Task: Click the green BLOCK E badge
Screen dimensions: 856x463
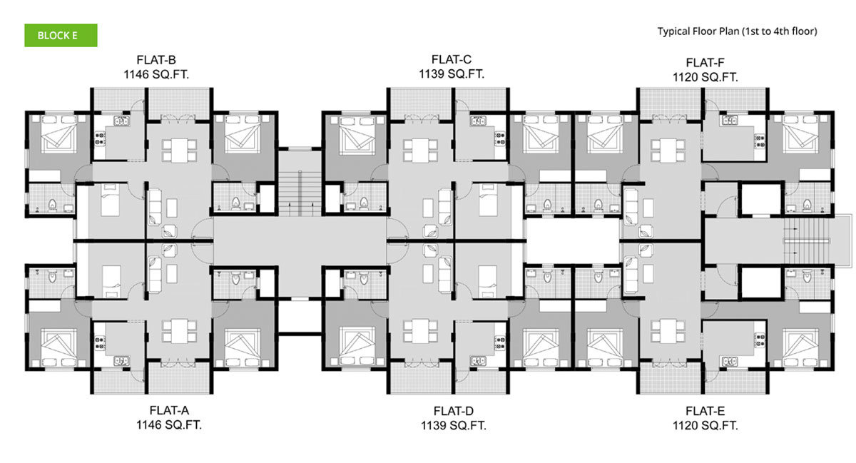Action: pyautogui.click(x=61, y=36)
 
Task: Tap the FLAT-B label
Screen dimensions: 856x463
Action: pyautogui.click(x=156, y=60)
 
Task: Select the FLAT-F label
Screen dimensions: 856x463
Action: pyautogui.click(x=705, y=63)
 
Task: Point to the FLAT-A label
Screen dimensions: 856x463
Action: pyautogui.click(x=169, y=411)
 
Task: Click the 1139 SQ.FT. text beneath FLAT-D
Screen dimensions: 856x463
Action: pyautogui.click(x=454, y=425)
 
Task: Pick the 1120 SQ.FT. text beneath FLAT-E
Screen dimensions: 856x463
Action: pyautogui.click(x=705, y=425)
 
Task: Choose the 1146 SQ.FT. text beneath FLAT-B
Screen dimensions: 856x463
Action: pyautogui.click(x=156, y=75)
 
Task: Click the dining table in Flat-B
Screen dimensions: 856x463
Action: pyautogui.click(x=179, y=151)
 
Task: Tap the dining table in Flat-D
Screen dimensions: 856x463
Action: pyautogui.click(x=420, y=331)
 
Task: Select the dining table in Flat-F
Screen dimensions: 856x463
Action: pyautogui.click(x=668, y=151)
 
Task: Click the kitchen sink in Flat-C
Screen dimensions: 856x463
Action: pyautogui.click(x=478, y=121)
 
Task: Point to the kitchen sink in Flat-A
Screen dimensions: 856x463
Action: pyautogui.click(x=121, y=360)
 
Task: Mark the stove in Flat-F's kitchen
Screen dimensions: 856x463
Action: pyautogui.click(x=759, y=141)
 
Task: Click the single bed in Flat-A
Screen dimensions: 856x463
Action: pyautogui.click(x=111, y=283)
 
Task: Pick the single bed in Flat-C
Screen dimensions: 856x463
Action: pyautogui.click(x=488, y=200)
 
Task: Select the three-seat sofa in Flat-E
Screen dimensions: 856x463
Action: pyautogui.click(x=631, y=275)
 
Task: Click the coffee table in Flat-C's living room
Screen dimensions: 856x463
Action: pyautogui.click(x=428, y=208)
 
